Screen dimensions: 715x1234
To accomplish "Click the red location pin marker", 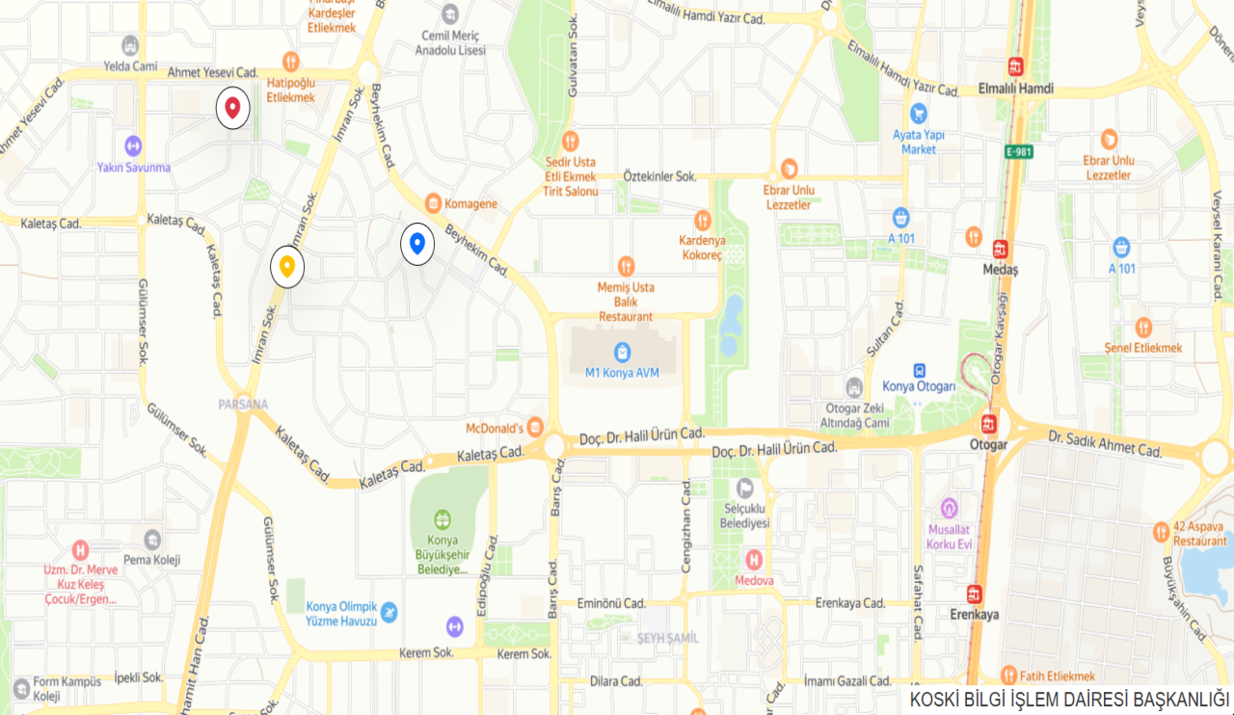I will tap(232, 108).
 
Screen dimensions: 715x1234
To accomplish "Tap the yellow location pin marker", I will tap(287, 266).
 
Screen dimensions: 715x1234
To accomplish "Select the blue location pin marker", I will tap(417, 245).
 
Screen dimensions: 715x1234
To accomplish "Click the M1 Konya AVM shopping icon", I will tap(623, 352).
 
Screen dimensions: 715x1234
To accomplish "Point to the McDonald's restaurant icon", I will tap(535, 428).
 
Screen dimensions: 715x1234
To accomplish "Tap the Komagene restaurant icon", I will tap(433, 203).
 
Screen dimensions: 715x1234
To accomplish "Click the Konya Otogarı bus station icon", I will tap(920, 371).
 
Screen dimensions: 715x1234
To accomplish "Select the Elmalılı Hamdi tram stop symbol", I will tap(1015, 67).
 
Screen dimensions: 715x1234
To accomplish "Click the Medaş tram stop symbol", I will tap(1000, 249).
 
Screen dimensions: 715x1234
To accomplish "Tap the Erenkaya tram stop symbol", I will tap(975, 594).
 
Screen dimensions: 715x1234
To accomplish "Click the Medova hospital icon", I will tap(754, 559).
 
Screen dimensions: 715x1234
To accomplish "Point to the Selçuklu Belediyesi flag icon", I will tap(745, 488).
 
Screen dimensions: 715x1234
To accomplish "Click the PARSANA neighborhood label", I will tap(243, 404).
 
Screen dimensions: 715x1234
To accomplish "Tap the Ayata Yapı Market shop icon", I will tap(919, 113).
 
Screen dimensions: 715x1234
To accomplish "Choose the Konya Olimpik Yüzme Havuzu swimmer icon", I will tap(388, 612).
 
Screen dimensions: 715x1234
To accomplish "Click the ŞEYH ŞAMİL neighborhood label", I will tap(667, 638).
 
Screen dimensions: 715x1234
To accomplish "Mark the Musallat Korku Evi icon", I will tap(950, 508).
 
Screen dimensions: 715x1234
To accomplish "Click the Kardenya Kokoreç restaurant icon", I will tap(702, 219).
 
